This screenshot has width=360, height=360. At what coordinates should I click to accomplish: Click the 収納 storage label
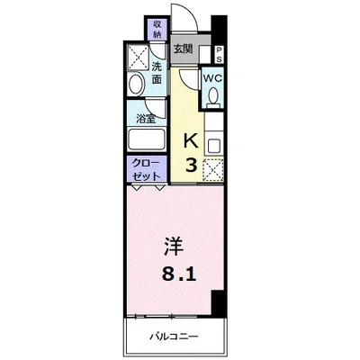(x=157, y=29)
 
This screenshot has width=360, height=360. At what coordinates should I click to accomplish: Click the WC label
(x=212, y=78)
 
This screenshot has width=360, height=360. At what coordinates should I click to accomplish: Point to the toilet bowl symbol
(x=213, y=98)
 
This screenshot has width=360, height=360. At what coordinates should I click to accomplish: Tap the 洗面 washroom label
(x=157, y=73)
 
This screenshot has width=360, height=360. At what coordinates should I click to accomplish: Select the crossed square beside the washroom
(x=136, y=56)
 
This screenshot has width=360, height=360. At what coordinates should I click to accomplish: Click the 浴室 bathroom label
(x=143, y=118)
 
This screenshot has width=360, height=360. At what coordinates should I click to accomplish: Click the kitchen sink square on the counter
(x=213, y=143)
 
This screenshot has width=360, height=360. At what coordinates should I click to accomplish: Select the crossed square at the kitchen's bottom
(x=213, y=167)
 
